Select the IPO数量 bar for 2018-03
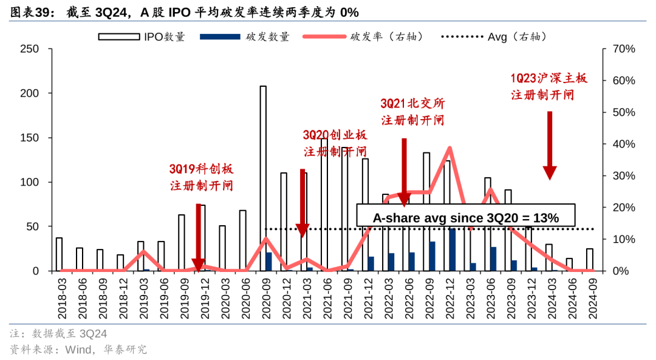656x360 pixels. tap(59, 254)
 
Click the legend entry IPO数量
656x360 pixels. tap(142, 36)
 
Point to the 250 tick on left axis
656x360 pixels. tap(30, 49)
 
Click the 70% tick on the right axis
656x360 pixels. tap(623, 49)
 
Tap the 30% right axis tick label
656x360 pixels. tap(623, 176)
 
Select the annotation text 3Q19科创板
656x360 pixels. tap(201, 169)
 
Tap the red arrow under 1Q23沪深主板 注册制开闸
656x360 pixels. tap(550, 144)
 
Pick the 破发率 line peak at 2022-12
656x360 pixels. tap(449, 148)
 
